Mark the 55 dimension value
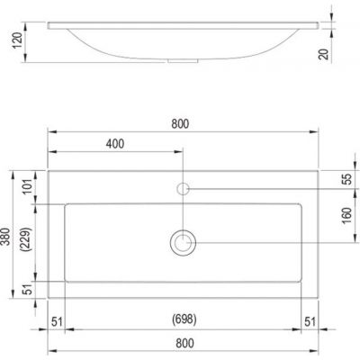tap(346, 179)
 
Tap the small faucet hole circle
tap(183, 188)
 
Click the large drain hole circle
tap(183, 242)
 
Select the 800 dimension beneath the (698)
tap(183, 343)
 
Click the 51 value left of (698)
tap(57, 320)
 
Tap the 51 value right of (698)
tap(309, 320)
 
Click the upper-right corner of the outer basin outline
tap(319, 168)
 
